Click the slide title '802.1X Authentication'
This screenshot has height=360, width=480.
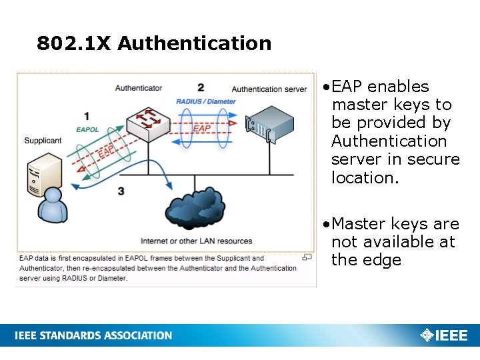point(154,44)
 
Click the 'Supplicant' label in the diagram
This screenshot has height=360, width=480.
point(43,141)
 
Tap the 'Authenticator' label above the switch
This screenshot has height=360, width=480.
point(138,88)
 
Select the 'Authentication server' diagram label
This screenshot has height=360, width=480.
point(269,89)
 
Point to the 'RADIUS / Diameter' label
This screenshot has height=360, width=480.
point(206,101)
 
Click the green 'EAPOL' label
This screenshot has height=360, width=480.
point(87,129)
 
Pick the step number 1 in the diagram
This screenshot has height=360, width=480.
point(87,117)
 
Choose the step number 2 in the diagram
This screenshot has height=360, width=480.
point(201,87)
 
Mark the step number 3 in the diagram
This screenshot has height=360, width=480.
point(121,191)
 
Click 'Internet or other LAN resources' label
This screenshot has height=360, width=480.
point(197,241)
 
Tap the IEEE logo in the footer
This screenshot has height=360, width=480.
point(444,335)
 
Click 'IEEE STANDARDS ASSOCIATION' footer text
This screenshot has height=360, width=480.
point(93,335)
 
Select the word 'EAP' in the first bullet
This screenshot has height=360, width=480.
point(347,87)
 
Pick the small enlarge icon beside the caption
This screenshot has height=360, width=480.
point(307,257)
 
